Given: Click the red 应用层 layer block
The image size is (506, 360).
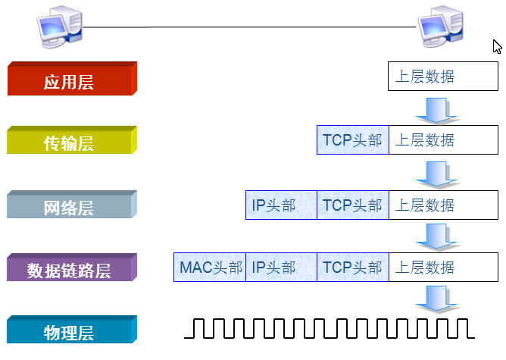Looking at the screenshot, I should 70,80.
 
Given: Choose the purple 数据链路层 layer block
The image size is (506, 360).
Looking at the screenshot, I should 70,269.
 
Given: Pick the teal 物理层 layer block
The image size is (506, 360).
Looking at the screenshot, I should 70,331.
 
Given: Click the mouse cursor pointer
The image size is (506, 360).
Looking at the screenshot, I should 497,46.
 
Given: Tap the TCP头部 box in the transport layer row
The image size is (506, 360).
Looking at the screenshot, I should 353,140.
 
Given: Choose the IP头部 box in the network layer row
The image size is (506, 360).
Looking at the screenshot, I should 281,205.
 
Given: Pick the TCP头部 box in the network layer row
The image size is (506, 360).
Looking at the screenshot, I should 353,205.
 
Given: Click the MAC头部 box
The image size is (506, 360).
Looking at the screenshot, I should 211,268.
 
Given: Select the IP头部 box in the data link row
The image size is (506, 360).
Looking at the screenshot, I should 281,268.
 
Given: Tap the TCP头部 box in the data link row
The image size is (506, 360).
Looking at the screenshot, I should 353,268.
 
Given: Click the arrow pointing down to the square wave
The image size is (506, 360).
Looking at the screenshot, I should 437,301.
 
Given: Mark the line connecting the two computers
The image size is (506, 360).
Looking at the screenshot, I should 250,27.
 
